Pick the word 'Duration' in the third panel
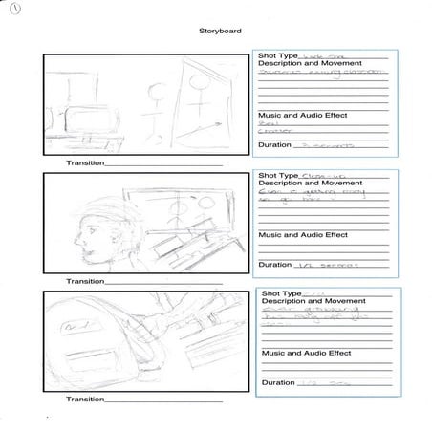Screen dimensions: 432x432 click(x=279, y=382)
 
